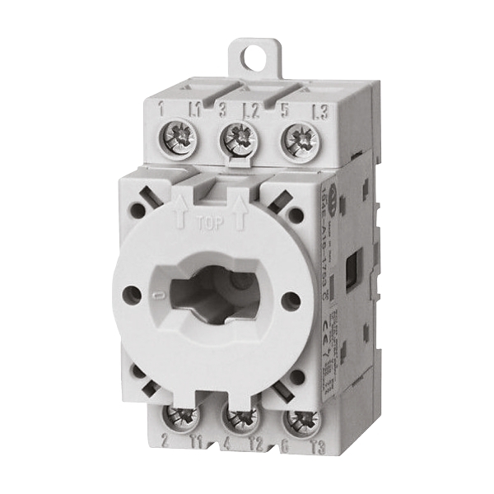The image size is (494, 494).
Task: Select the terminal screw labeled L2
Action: tap(239, 134)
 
